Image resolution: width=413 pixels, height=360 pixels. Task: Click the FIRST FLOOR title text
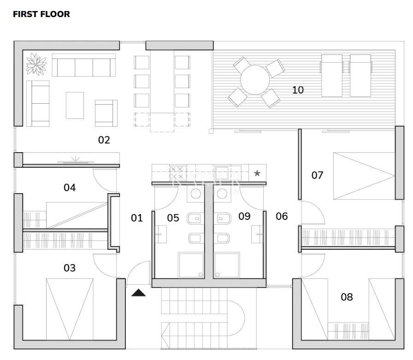[41, 14]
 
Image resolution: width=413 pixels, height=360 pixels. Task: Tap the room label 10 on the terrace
[298, 90]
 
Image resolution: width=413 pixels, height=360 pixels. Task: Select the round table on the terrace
[255, 80]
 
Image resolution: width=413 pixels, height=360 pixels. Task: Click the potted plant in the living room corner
[35, 64]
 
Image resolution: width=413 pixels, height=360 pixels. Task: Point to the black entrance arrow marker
[138, 292]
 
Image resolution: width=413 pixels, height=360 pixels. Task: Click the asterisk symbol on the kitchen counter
[257, 174]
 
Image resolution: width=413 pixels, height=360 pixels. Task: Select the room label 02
[104, 140]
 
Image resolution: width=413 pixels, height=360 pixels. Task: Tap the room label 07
[317, 175]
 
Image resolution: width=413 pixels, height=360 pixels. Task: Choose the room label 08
[347, 297]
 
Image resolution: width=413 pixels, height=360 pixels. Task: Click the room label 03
[70, 268]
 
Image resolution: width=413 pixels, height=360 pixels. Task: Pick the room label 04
[70, 188]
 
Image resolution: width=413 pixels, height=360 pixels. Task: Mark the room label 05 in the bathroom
[173, 218]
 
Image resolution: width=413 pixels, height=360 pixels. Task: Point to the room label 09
[244, 216]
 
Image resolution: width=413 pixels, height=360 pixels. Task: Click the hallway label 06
[281, 216]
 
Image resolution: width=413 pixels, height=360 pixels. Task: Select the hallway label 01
[137, 218]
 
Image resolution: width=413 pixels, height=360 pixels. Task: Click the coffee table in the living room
[75, 105]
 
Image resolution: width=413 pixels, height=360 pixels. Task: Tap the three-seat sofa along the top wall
[83, 65]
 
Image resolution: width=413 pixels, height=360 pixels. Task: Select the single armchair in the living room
[106, 113]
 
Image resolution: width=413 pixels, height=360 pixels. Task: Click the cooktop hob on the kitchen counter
[177, 174]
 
